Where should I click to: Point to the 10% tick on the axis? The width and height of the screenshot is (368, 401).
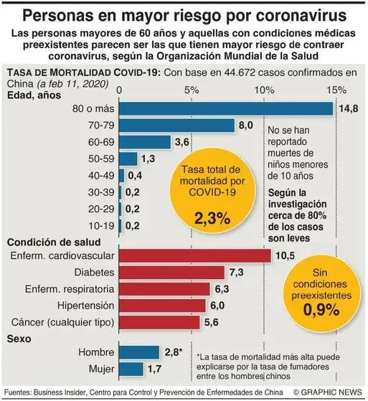pos(264,91)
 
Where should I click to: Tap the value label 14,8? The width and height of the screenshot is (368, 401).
pos(349,109)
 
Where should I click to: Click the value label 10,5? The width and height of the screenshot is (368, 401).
pos(286,256)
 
